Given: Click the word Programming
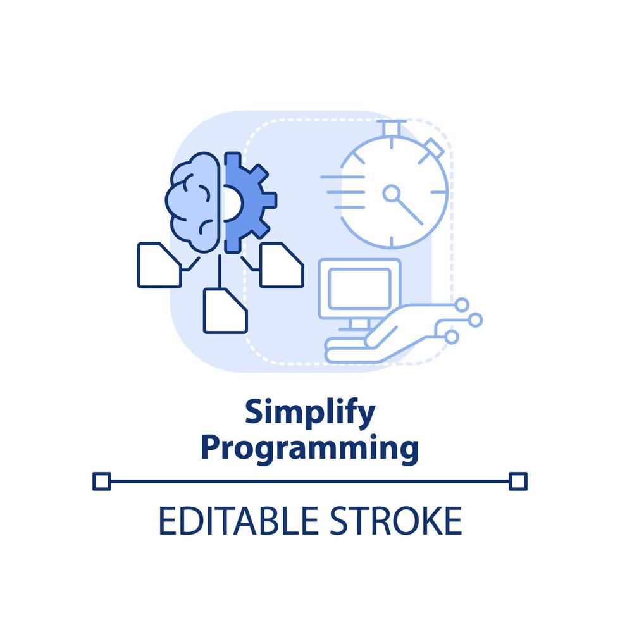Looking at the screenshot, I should click(310, 448).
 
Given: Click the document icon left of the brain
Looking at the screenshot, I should click(158, 264).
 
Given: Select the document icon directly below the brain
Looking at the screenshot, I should click(225, 310).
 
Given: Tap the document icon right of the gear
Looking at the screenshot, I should click(281, 264).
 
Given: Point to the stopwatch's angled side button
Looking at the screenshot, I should click(435, 149).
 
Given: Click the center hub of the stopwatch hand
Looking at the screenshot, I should click(392, 192).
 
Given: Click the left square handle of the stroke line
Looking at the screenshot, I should click(101, 481).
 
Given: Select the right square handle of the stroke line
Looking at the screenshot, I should click(518, 481).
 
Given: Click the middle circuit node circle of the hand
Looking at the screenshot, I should click(475, 319).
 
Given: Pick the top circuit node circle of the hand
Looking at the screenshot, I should click(462, 304).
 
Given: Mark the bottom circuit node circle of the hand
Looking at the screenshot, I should click(451, 338).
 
